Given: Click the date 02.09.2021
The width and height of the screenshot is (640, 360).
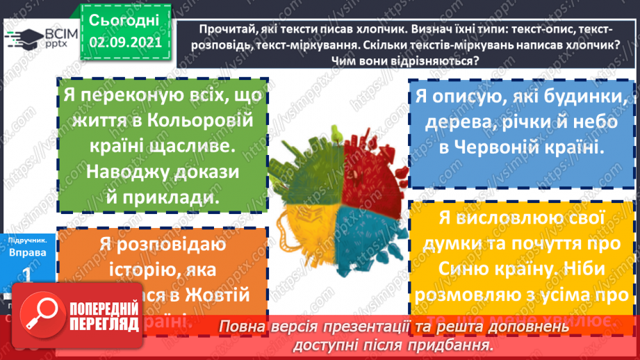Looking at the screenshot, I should click(x=125, y=41).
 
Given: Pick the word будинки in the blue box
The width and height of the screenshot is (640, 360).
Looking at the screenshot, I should click(x=586, y=98).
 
